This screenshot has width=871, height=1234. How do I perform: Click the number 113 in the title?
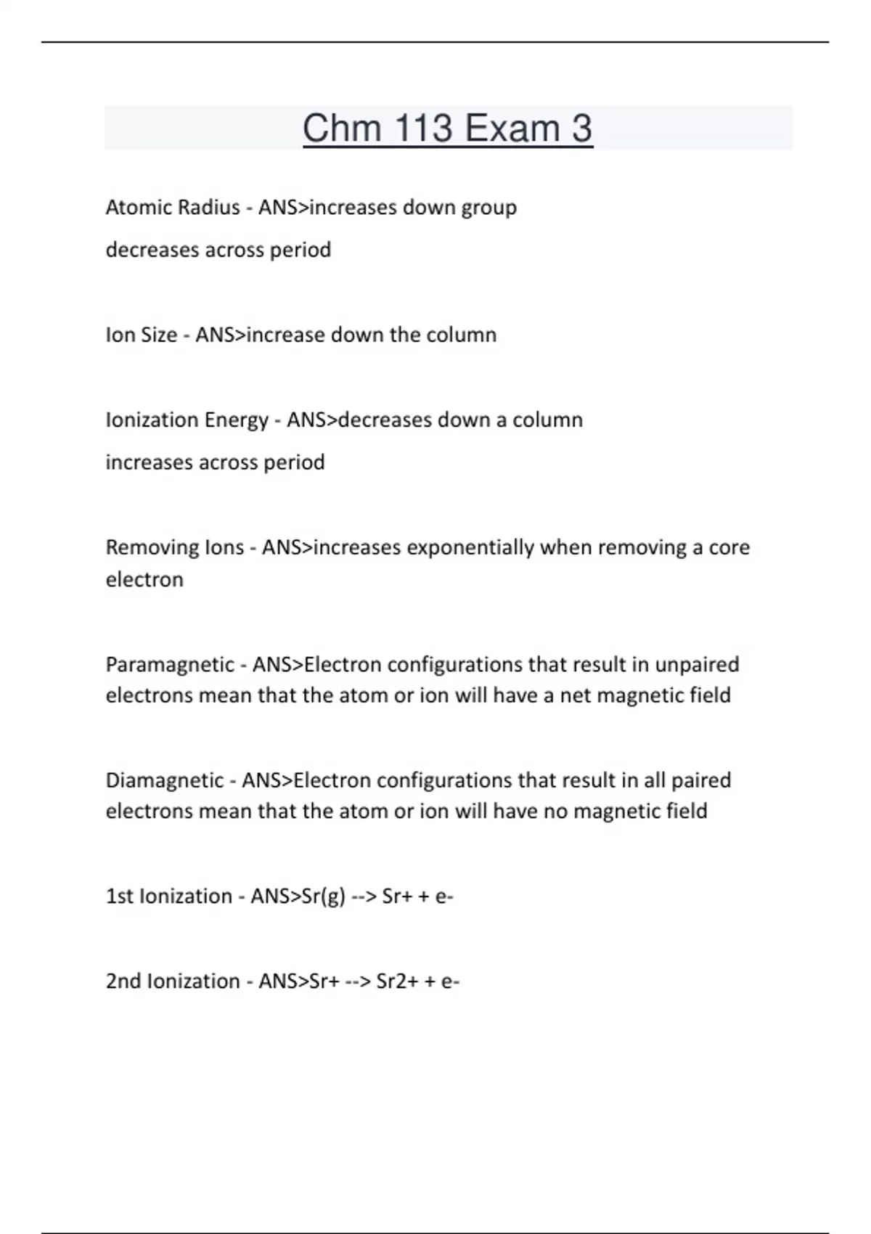click(x=423, y=128)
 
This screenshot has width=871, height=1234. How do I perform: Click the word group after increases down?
click(x=488, y=208)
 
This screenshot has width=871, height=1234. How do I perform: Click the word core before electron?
click(x=729, y=547)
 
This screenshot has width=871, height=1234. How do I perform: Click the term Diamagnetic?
click(x=165, y=780)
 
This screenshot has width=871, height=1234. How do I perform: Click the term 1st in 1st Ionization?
click(x=120, y=896)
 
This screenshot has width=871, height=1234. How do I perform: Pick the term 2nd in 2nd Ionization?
click(x=122, y=981)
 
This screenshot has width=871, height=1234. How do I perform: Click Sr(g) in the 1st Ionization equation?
click(x=323, y=897)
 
